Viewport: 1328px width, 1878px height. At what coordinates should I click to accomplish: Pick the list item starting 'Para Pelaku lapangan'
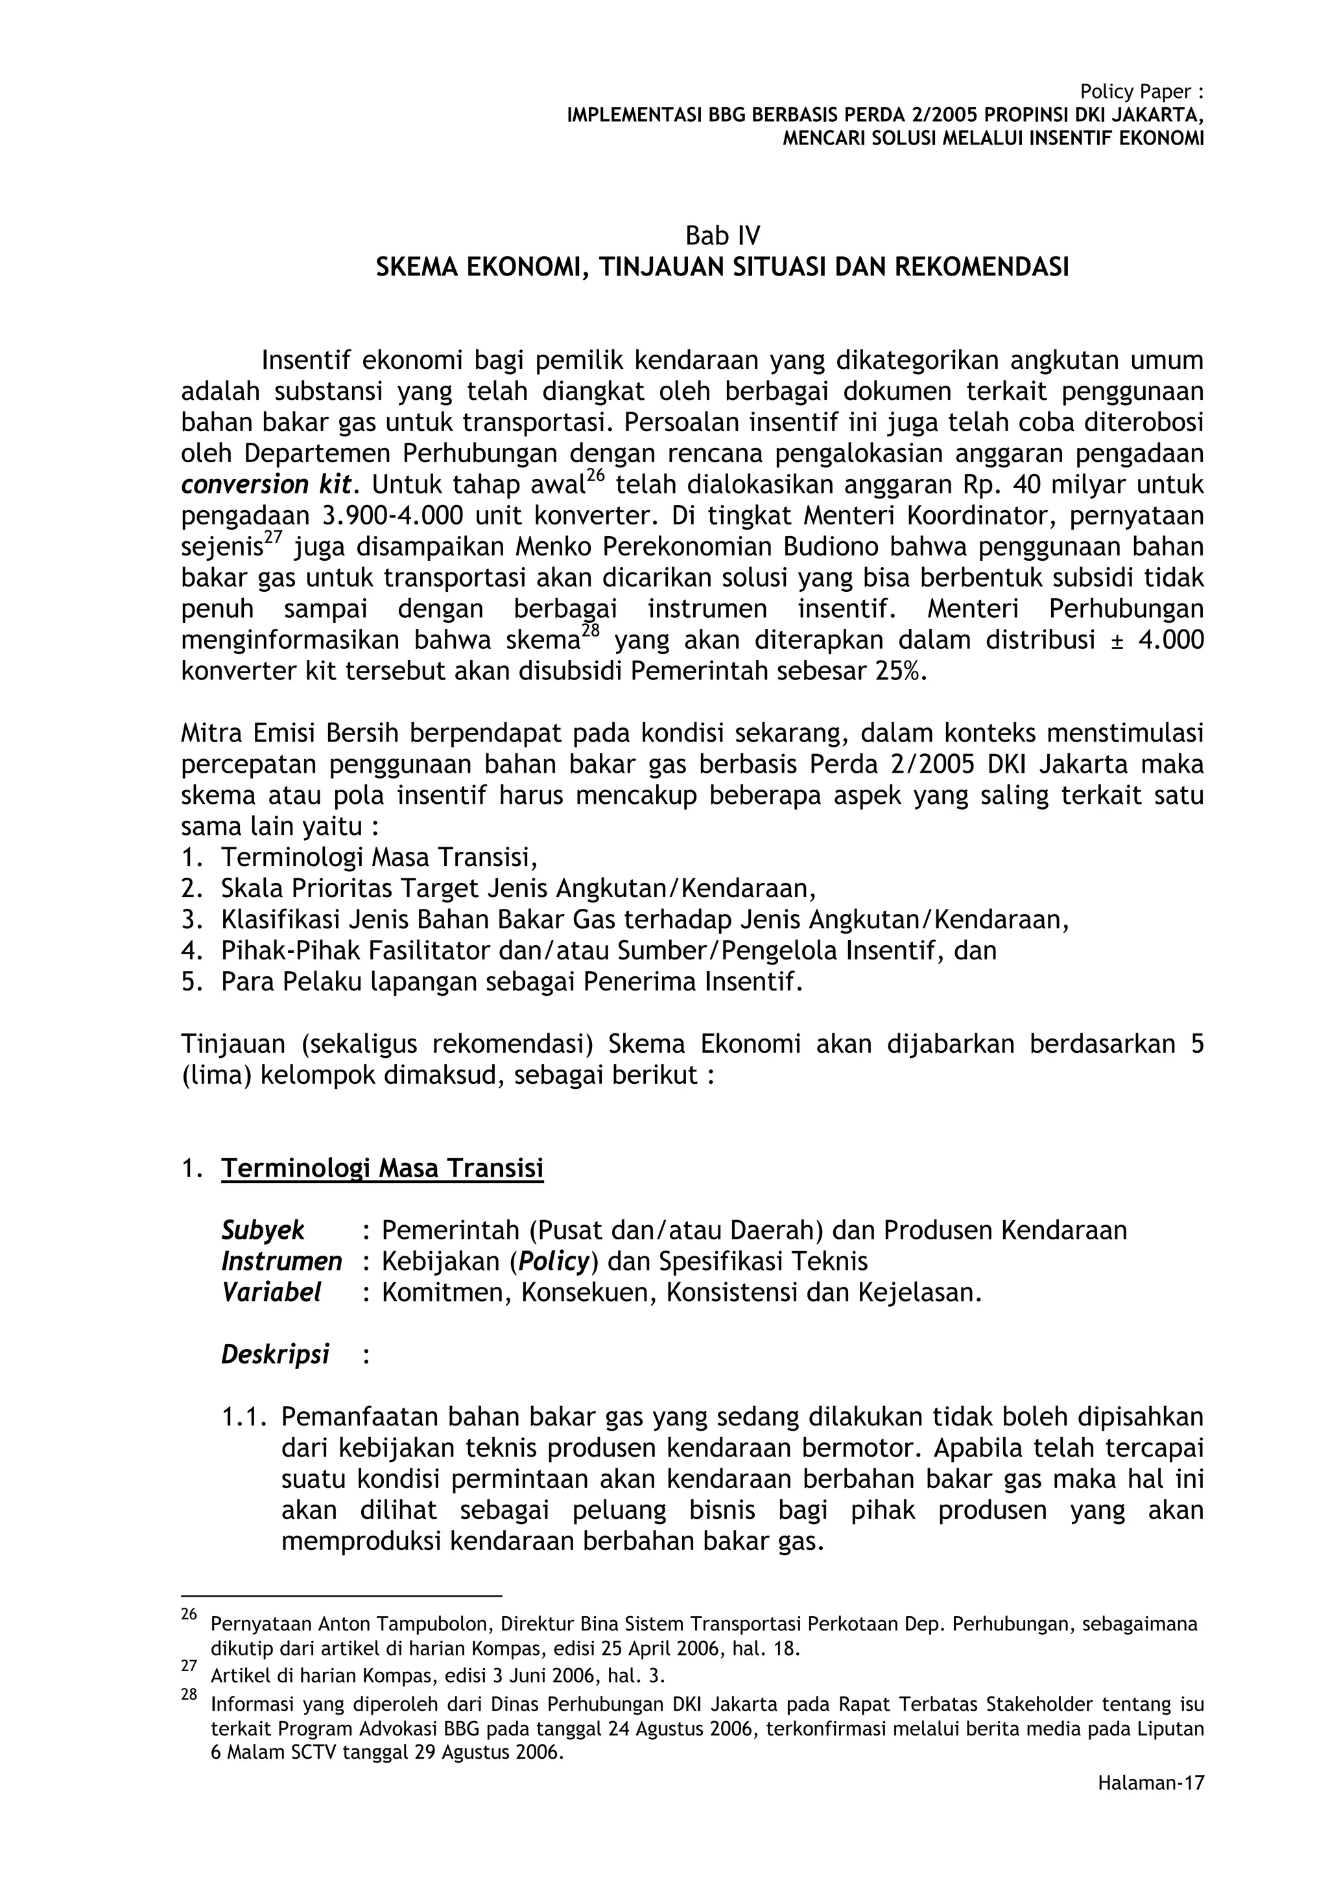pos(512,981)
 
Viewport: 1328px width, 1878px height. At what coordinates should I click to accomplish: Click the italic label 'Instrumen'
pos(281,1262)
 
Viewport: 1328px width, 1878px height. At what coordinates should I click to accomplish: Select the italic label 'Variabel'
pos(271,1293)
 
